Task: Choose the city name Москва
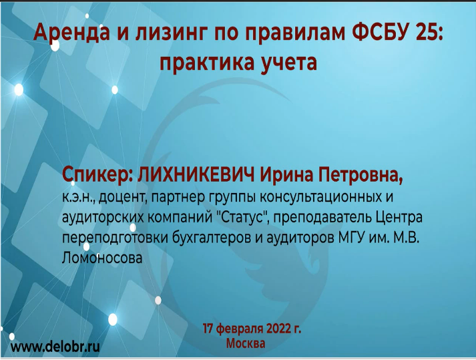point(246,343)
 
